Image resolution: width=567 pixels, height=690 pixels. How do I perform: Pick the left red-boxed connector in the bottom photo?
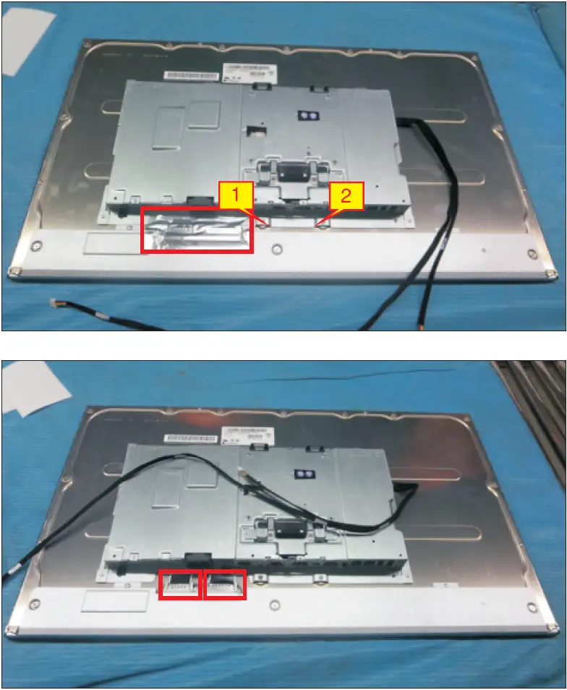point(179,584)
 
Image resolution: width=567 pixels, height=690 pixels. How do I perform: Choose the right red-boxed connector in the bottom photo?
point(224,584)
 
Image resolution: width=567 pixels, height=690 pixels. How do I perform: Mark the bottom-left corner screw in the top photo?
point(15,272)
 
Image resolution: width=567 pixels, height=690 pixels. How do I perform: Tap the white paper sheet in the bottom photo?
point(33,391)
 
